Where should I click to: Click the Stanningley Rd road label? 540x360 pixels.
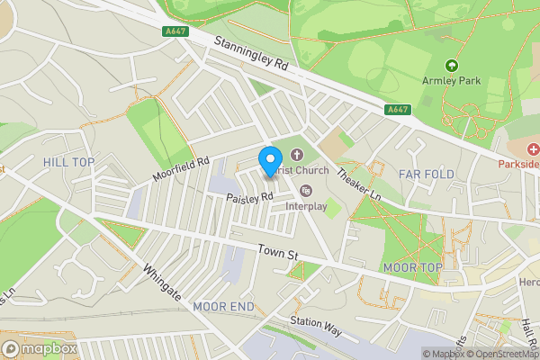251,54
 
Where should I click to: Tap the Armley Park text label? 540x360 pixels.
451,81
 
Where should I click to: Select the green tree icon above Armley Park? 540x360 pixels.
451,65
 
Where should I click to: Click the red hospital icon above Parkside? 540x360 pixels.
534,148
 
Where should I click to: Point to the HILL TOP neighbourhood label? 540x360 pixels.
68,162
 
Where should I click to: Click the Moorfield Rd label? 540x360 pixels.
180,168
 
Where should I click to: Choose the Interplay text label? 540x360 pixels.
306,206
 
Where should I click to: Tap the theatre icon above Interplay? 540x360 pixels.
306,190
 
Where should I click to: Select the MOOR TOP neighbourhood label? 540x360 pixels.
412,268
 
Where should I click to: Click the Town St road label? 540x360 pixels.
277,256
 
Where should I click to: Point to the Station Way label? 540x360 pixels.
316,326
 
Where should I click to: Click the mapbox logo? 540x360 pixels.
39,348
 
